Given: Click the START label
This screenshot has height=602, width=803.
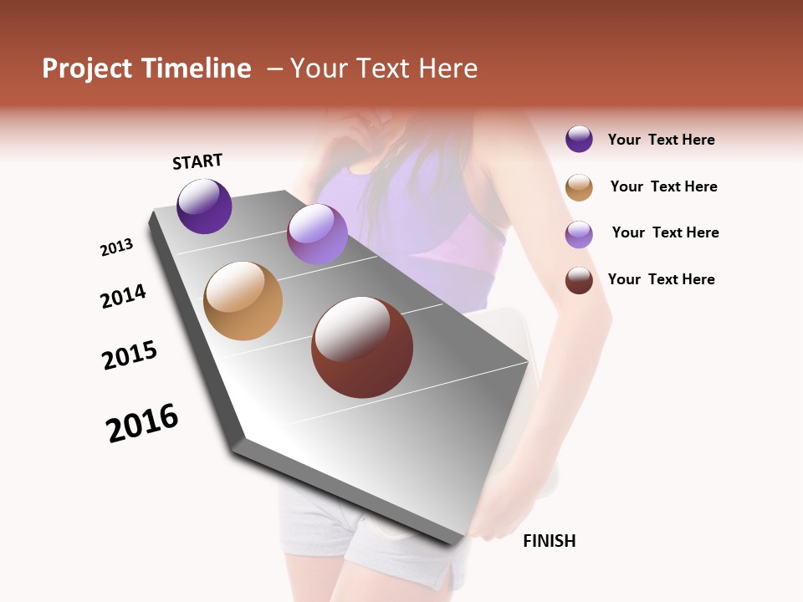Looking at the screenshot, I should coord(197,161).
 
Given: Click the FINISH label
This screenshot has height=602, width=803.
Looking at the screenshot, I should coord(549,541).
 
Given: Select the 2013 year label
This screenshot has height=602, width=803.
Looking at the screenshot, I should coord(116,247).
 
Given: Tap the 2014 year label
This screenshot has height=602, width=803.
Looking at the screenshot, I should coord(123,296).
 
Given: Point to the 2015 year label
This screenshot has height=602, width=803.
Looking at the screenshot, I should coord(130,355).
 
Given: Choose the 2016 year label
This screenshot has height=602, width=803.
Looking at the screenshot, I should coord(142,422).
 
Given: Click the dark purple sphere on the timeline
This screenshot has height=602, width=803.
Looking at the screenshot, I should coord(204,206).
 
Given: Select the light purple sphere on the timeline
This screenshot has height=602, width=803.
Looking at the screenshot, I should coord(317,234).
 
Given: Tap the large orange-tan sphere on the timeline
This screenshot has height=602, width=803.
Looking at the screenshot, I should coord(243,301).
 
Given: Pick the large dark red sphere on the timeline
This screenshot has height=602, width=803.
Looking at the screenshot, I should coord(362,347).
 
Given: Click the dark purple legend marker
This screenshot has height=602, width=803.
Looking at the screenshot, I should coord(579,139).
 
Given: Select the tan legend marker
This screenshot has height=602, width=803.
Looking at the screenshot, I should coord(579,187).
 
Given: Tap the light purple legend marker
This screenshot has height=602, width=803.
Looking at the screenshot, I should coord(579,234).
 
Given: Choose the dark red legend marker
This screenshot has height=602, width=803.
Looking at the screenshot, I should coord(579,280).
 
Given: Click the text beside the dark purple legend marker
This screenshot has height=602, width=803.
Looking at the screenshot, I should coord(661,140).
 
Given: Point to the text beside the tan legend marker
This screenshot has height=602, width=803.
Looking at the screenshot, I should coord(663,186).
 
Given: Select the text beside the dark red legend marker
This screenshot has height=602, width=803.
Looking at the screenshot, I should coord(661,279).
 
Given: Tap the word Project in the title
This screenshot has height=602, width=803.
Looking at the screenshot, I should coord(86,69).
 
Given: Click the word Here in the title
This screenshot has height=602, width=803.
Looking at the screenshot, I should coord(448,69).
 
